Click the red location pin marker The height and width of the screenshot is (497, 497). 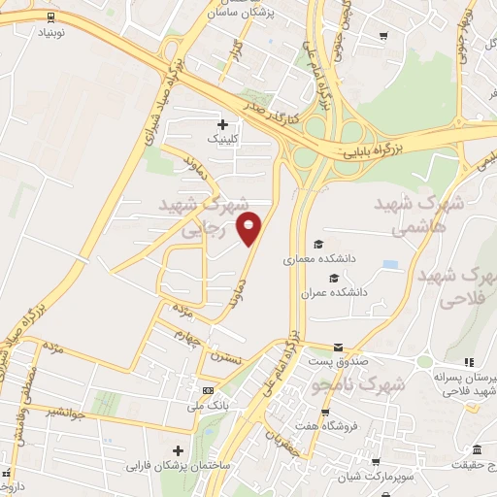(250, 227)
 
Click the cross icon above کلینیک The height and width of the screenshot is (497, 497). (223, 123)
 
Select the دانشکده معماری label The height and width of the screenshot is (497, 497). (308, 260)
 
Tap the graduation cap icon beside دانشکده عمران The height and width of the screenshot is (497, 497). (320, 278)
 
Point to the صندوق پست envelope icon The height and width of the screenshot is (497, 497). (338, 347)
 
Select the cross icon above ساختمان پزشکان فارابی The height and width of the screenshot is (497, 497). (177, 450)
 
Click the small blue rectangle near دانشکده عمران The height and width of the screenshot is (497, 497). (390, 264)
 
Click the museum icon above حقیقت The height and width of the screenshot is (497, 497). (477, 449)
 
